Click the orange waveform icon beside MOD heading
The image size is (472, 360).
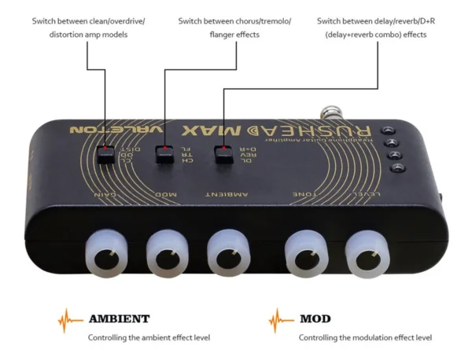[x=281, y=320]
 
